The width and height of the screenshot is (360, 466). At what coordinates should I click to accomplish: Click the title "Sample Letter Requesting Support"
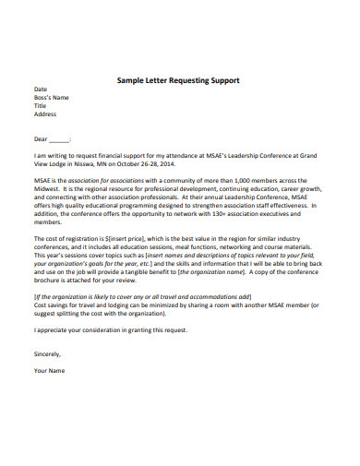coord(178,80)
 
